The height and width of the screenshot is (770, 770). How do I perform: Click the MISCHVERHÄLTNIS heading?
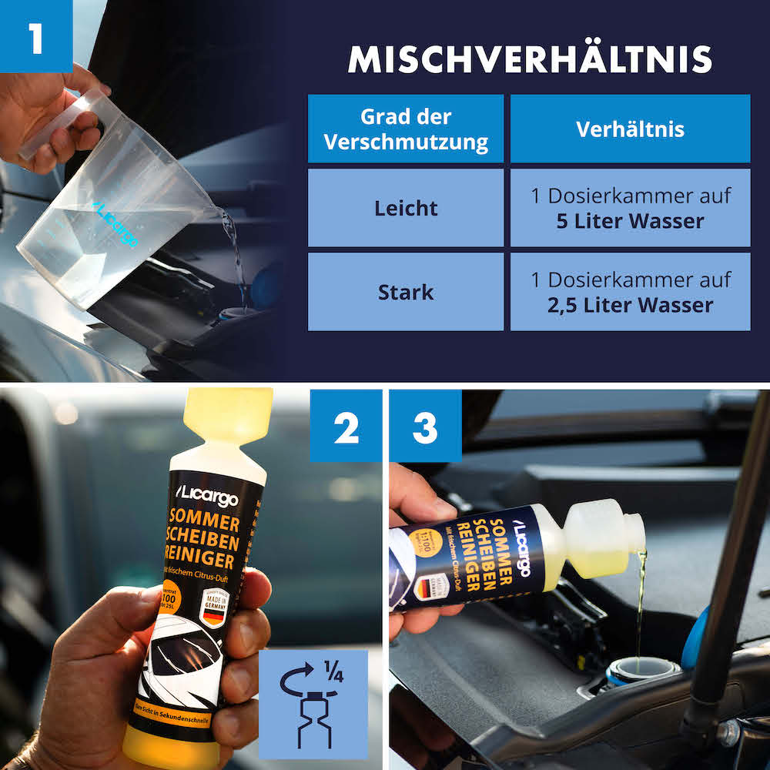coord(530,59)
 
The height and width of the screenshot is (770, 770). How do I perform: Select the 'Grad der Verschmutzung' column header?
coord(406,129)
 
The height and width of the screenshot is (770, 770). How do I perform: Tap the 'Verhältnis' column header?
coord(630,129)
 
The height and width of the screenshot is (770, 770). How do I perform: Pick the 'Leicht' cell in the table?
coord(406,208)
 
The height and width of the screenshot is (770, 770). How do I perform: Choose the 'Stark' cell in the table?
coord(406,292)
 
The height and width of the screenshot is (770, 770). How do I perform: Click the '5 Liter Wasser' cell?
coord(630,208)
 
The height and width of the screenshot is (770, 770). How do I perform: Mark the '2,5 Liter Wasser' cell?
coord(630,292)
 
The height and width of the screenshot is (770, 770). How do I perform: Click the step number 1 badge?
coord(36,37)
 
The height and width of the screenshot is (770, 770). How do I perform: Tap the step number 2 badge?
coord(346,427)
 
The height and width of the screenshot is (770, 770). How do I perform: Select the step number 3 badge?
coord(425,427)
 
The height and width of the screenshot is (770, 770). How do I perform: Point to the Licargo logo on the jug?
coord(115,223)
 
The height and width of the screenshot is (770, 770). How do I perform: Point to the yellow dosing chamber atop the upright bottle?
coord(228,416)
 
